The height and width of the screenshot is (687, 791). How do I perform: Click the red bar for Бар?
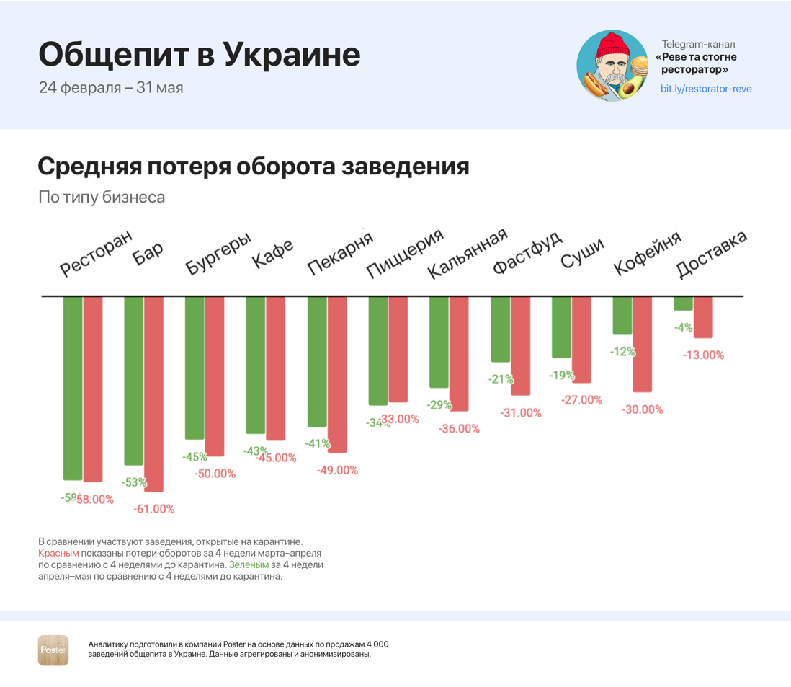click(154, 394)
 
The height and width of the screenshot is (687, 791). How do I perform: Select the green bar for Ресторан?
click(73, 388)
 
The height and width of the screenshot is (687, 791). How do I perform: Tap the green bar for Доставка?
click(683, 303)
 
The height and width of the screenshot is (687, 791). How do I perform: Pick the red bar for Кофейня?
click(643, 344)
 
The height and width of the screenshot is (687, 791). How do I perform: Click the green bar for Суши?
click(561, 327)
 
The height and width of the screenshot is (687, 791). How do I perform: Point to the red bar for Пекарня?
click(337, 374)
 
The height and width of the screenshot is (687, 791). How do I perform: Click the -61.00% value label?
click(154, 509)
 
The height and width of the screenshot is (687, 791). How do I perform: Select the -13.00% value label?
click(703, 355)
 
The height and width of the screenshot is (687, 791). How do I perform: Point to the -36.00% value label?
click(459, 429)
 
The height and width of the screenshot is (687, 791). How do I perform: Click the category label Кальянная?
click(468, 254)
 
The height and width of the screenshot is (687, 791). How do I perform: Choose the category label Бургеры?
click(218, 254)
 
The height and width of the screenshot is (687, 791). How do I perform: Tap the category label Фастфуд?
click(528, 254)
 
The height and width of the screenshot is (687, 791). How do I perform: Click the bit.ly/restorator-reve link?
click(706, 89)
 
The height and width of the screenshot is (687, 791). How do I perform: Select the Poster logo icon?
click(53, 650)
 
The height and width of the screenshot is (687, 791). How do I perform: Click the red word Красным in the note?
click(58, 553)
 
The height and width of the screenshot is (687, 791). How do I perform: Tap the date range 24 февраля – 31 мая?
click(111, 88)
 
